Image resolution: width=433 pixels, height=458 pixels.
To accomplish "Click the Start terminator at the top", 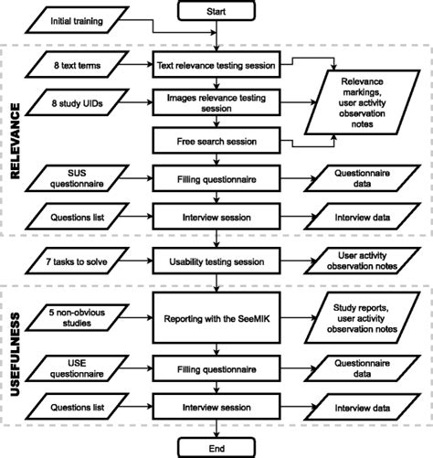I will point(217,11).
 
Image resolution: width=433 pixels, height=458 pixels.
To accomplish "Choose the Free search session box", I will point(217,143).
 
